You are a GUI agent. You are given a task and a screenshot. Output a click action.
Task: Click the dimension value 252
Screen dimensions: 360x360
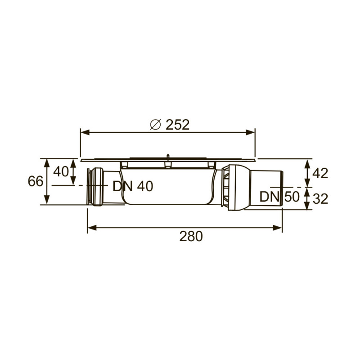[177, 125]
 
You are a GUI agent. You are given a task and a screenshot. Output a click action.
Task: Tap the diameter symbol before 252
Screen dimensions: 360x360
[154, 125]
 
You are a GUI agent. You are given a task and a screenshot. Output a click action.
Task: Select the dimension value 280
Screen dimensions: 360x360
[191, 236]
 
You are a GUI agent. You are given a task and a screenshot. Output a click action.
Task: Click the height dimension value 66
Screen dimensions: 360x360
[36, 181]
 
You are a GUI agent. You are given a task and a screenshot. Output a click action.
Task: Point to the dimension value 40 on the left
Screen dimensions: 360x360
[61, 171]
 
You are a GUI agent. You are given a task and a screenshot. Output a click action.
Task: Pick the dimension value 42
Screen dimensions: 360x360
[320, 173]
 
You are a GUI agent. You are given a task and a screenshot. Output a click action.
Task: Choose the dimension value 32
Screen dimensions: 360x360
[320, 198]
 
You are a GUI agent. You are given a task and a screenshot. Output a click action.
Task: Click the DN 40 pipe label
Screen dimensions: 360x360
[133, 186]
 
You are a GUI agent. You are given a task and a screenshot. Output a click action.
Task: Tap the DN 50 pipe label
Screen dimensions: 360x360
[279, 197]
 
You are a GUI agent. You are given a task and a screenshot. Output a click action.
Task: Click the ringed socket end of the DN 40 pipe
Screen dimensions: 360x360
[95, 186]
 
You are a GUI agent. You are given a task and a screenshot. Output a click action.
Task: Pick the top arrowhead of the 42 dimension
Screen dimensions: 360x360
[307, 162]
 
